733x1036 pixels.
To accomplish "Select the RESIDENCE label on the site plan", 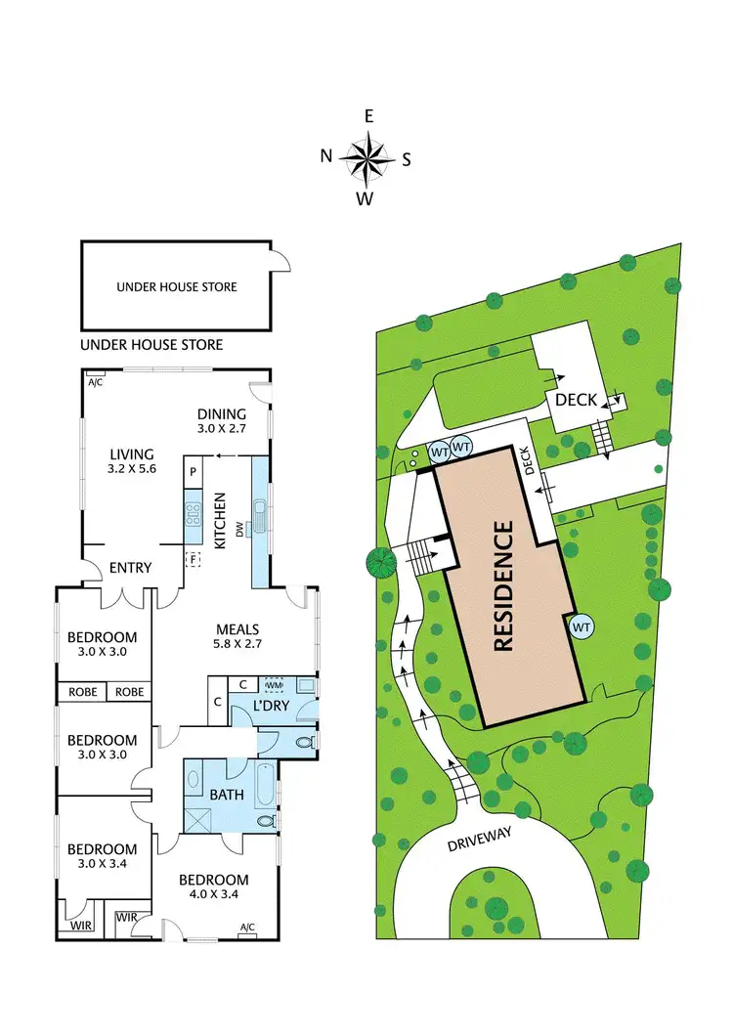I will pos(504,586).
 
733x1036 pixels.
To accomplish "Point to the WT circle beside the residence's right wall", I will pos(582,626).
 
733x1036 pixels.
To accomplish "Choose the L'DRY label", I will pos(271,705).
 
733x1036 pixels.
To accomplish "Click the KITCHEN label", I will pos(221,523).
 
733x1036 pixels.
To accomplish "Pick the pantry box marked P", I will pos(194,471).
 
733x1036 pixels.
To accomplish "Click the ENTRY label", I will pos(129,568).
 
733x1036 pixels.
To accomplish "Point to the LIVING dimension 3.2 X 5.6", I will pos(132,469).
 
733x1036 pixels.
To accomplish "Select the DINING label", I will pos(221,413).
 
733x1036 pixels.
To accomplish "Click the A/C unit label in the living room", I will pos(95,382).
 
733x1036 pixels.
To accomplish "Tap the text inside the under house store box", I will pos(177,286).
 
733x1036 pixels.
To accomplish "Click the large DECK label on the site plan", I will pos(577,400).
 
